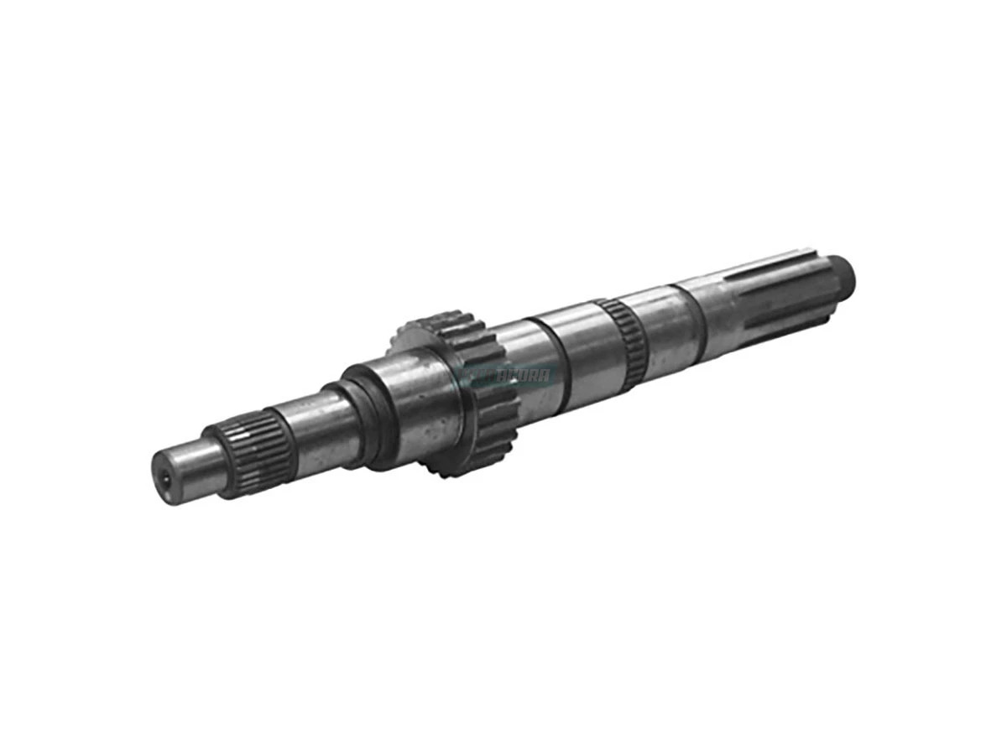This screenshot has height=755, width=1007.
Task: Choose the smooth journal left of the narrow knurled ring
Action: (x=587, y=345)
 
